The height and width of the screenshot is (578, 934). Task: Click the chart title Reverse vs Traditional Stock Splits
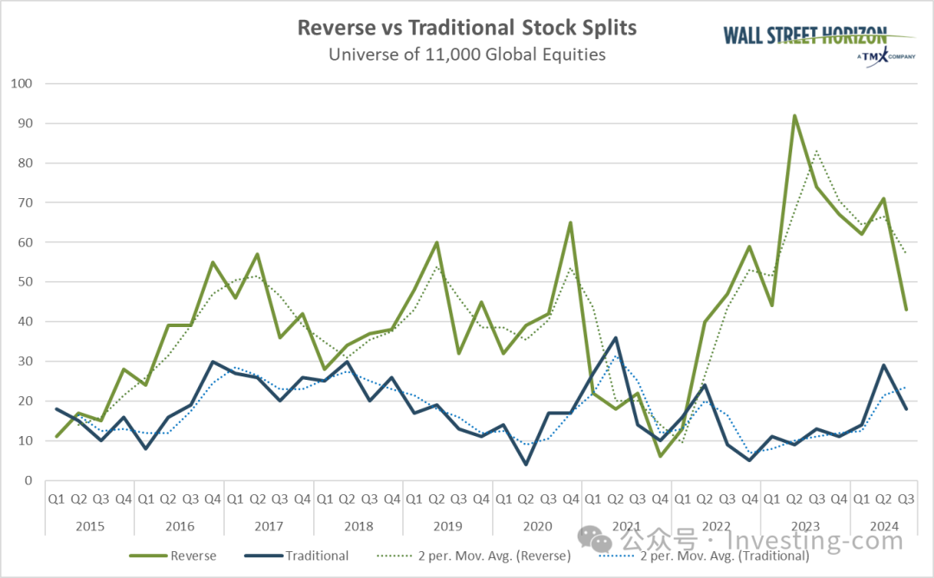[467, 28]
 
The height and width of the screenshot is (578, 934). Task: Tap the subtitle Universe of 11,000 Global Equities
[467, 54]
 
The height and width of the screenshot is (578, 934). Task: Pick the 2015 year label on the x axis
[90, 525]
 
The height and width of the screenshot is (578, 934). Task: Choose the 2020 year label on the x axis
[537, 525]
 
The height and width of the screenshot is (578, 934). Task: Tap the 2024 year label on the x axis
[884, 525]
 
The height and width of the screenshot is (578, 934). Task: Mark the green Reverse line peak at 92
[795, 116]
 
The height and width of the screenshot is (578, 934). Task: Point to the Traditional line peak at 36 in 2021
[616, 337]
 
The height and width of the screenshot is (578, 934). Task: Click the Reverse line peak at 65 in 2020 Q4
[571, 223]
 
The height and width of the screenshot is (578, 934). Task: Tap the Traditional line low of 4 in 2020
[526, 465]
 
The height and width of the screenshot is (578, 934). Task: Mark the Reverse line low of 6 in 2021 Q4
[661, 456]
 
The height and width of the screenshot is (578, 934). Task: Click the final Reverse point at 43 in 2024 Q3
[906, 310]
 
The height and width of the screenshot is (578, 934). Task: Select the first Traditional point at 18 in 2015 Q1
[56, 409]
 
